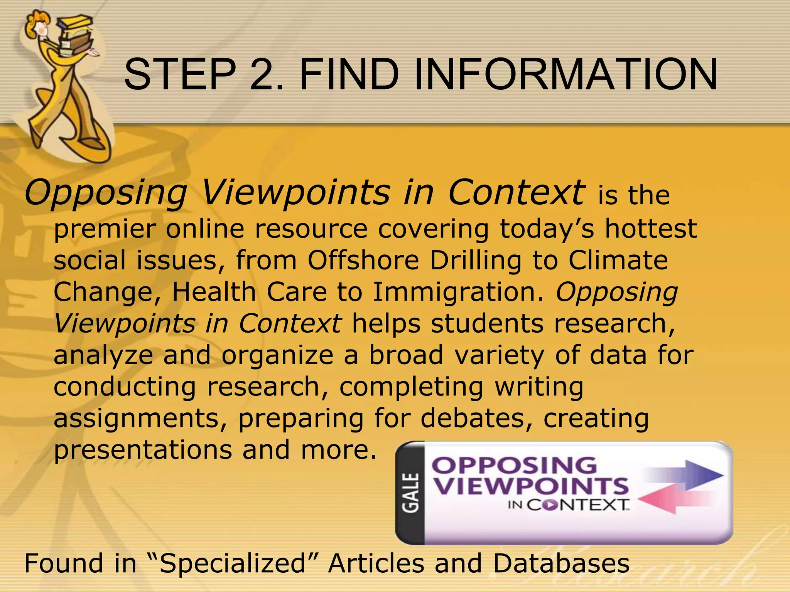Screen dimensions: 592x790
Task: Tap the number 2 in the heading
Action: point(266,74)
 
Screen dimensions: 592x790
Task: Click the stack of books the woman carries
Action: point(75,37)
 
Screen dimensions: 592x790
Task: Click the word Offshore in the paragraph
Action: point(363,261)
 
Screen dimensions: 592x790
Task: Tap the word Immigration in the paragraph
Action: point(459,292)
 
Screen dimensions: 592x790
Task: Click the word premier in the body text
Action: point(105,230)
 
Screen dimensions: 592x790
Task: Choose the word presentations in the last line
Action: point(143,450)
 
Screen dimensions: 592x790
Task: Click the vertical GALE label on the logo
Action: point(411,493)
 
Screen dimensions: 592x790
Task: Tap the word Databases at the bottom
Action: point(561,563)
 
